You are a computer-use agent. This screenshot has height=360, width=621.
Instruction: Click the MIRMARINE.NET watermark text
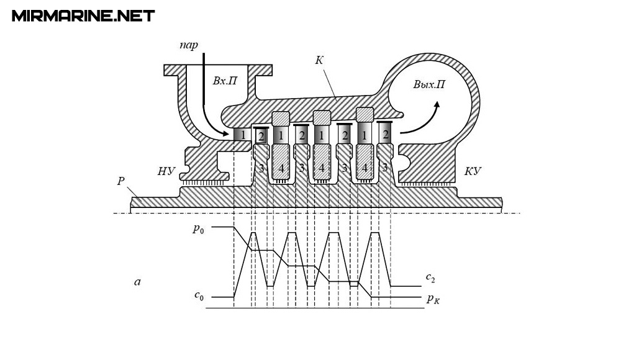click(83, 16)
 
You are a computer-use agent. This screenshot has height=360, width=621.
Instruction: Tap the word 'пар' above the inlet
click(189, 45)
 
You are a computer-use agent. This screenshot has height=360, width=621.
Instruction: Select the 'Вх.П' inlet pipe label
click(225, 81)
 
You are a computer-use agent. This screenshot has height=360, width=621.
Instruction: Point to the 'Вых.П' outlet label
click(429, 85)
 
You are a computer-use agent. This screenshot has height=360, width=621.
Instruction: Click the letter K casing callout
click(319, 60)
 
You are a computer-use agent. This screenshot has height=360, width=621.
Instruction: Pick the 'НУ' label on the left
click(166, 171)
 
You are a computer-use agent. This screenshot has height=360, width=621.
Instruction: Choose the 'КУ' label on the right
click(473, 171)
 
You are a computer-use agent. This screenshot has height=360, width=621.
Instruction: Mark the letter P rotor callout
click(121, 181)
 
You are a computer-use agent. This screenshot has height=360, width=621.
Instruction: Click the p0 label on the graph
click(199, 229)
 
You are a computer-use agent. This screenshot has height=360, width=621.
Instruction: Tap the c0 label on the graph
click(199, 295)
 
